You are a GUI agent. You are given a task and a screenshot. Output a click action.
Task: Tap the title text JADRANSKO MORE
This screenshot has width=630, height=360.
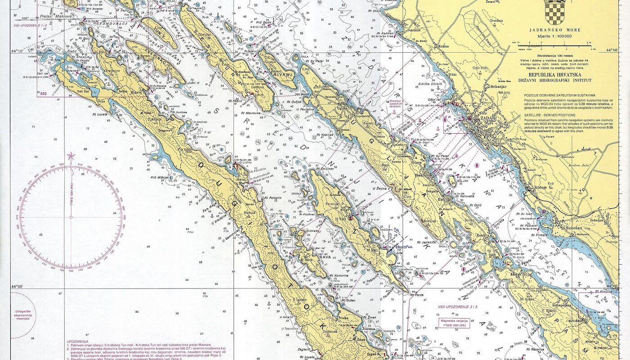[555, 30]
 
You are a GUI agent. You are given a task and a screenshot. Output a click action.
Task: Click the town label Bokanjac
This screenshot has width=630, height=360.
[505, 86]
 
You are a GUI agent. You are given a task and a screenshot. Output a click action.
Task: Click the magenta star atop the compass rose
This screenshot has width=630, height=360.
[70, 156]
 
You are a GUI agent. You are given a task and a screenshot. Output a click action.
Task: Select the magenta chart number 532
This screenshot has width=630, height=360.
[44, 94]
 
